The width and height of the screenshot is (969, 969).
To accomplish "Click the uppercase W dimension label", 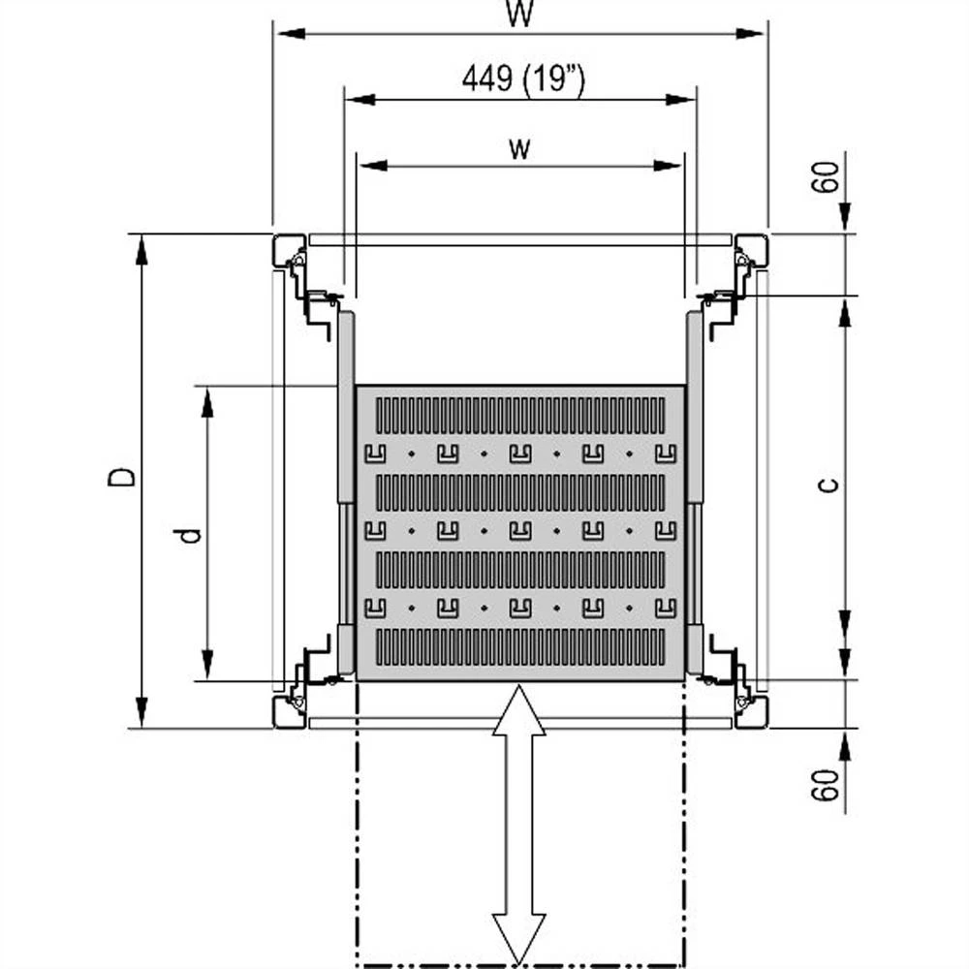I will (520, 14).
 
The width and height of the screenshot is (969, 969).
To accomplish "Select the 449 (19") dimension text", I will (522, 80).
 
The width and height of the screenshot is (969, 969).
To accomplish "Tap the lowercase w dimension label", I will (520, 148).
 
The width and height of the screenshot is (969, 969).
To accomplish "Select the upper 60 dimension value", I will (826, 177).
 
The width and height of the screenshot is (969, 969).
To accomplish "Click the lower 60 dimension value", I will (826, 785).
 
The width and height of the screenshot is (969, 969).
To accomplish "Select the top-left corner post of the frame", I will (290, 250).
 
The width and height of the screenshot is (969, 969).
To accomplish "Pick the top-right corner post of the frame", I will (751, 250).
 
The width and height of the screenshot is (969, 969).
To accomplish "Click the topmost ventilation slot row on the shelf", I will (520, 415).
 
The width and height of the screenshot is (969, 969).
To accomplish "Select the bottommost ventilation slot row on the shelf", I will (520, 646).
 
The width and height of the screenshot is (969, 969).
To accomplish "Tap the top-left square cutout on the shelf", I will (375, 453).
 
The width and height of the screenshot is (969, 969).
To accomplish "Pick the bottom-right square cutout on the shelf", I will (665, 608).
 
